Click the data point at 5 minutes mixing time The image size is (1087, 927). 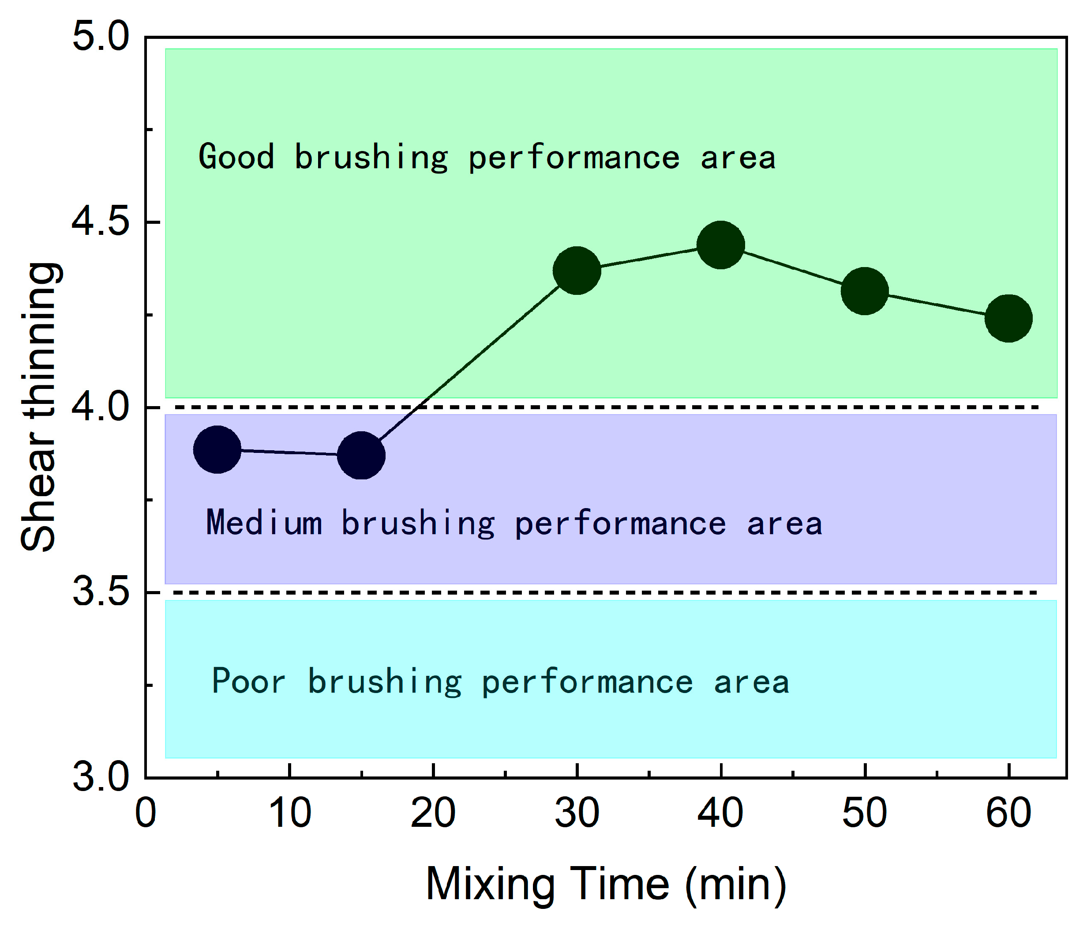tap(217, 449)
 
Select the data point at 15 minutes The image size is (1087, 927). tap(361, 455)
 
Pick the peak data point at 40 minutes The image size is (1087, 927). tap(721, 245)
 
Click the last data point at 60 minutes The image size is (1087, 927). tap(1008, 318)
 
